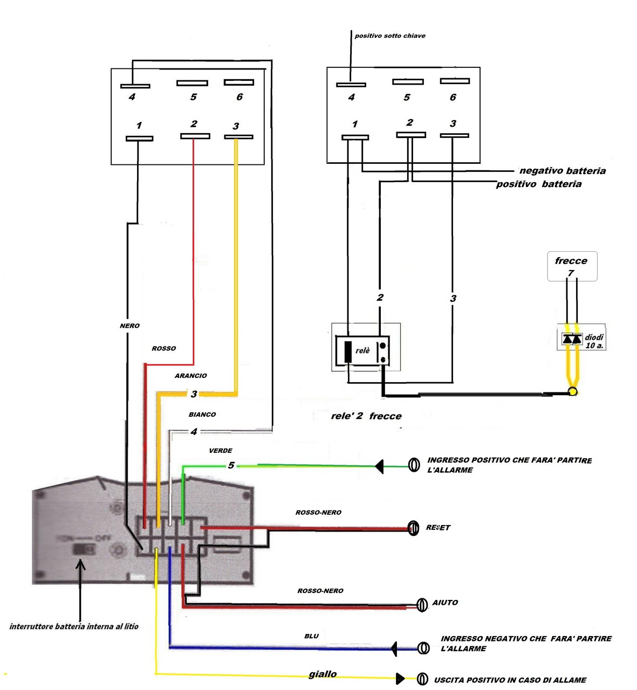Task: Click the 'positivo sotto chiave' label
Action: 390,36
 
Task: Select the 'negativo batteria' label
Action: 563,171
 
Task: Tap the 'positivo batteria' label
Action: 539,184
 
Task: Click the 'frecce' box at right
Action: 572,266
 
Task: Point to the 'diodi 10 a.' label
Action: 594,341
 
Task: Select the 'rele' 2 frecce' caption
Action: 366,416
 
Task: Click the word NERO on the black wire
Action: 129,326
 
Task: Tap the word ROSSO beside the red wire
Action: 164,349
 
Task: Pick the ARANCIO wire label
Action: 190,376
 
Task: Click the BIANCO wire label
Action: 202,415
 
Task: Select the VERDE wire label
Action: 221,451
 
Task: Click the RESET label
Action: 438,528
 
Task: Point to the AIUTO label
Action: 445,603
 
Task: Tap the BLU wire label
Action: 312,636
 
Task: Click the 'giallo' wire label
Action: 323,674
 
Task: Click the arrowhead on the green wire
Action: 379,466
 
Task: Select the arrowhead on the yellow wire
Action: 400,679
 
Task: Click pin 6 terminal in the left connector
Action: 239,82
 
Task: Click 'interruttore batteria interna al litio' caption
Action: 74,626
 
